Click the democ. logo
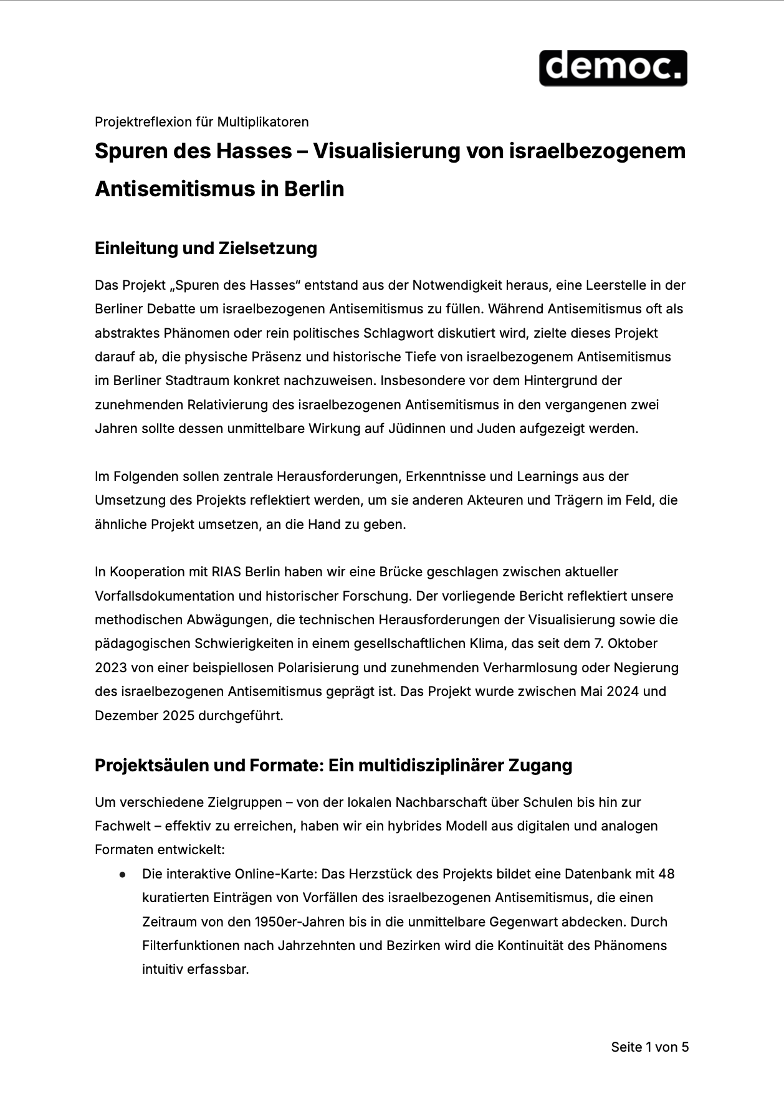pyautogui.click(x=613, y=68)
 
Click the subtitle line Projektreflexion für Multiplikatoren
pyautogui.click(x=201, y=121)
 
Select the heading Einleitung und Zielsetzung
pyautogui.click(x=206, y=248)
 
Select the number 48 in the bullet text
pyautogui.click(x=666, y=874)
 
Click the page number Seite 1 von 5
pyautogui.click(x=649, y=1047)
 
